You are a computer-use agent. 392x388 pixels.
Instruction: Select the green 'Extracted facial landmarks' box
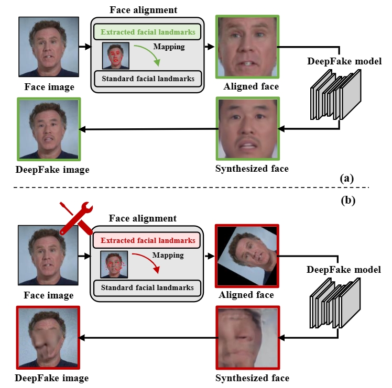(x=148, y=32)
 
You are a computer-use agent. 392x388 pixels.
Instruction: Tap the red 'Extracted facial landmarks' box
(x=148, y=241)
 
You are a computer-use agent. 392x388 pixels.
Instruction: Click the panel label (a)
(x=347, y=178)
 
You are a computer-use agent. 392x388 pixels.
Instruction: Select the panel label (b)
(x=347, y=200)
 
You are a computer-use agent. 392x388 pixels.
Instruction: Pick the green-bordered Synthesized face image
(x=247, y=128)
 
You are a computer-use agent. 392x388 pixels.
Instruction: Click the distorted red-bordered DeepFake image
(x=48, y=337)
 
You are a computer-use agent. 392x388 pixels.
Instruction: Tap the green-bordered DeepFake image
(x=48, y=128)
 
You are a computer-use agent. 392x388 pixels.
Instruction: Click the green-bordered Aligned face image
(x=247, y=47)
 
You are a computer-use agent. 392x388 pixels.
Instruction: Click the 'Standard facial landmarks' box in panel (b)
(x=148, y=287)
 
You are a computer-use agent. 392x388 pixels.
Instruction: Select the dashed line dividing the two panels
(x=196, y=188)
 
